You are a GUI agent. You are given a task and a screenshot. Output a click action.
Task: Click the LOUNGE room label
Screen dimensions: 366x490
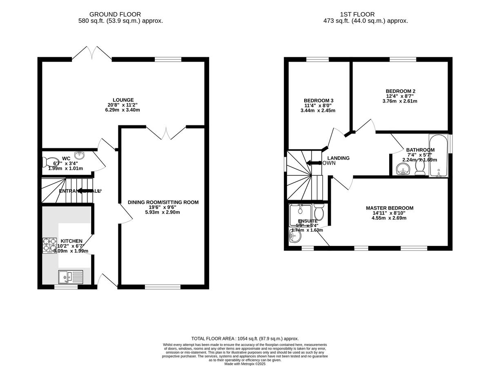[123, 100]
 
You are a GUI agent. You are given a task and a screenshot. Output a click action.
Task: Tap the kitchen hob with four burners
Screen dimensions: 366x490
[49, 245]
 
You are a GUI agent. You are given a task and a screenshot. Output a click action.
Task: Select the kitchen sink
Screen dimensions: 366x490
[70, 277]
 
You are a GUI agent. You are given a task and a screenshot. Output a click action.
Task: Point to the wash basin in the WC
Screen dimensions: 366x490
[80, 155]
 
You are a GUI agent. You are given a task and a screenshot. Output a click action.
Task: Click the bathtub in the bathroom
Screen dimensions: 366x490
[438, 156]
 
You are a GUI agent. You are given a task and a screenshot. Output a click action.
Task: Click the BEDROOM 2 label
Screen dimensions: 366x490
[400, 91]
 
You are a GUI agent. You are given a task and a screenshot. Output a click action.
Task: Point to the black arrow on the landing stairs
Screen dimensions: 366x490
[314, 163]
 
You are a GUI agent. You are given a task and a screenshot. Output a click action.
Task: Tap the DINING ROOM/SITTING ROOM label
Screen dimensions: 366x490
[163, 202]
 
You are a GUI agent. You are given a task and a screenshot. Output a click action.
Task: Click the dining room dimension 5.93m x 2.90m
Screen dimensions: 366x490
[163, 212]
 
